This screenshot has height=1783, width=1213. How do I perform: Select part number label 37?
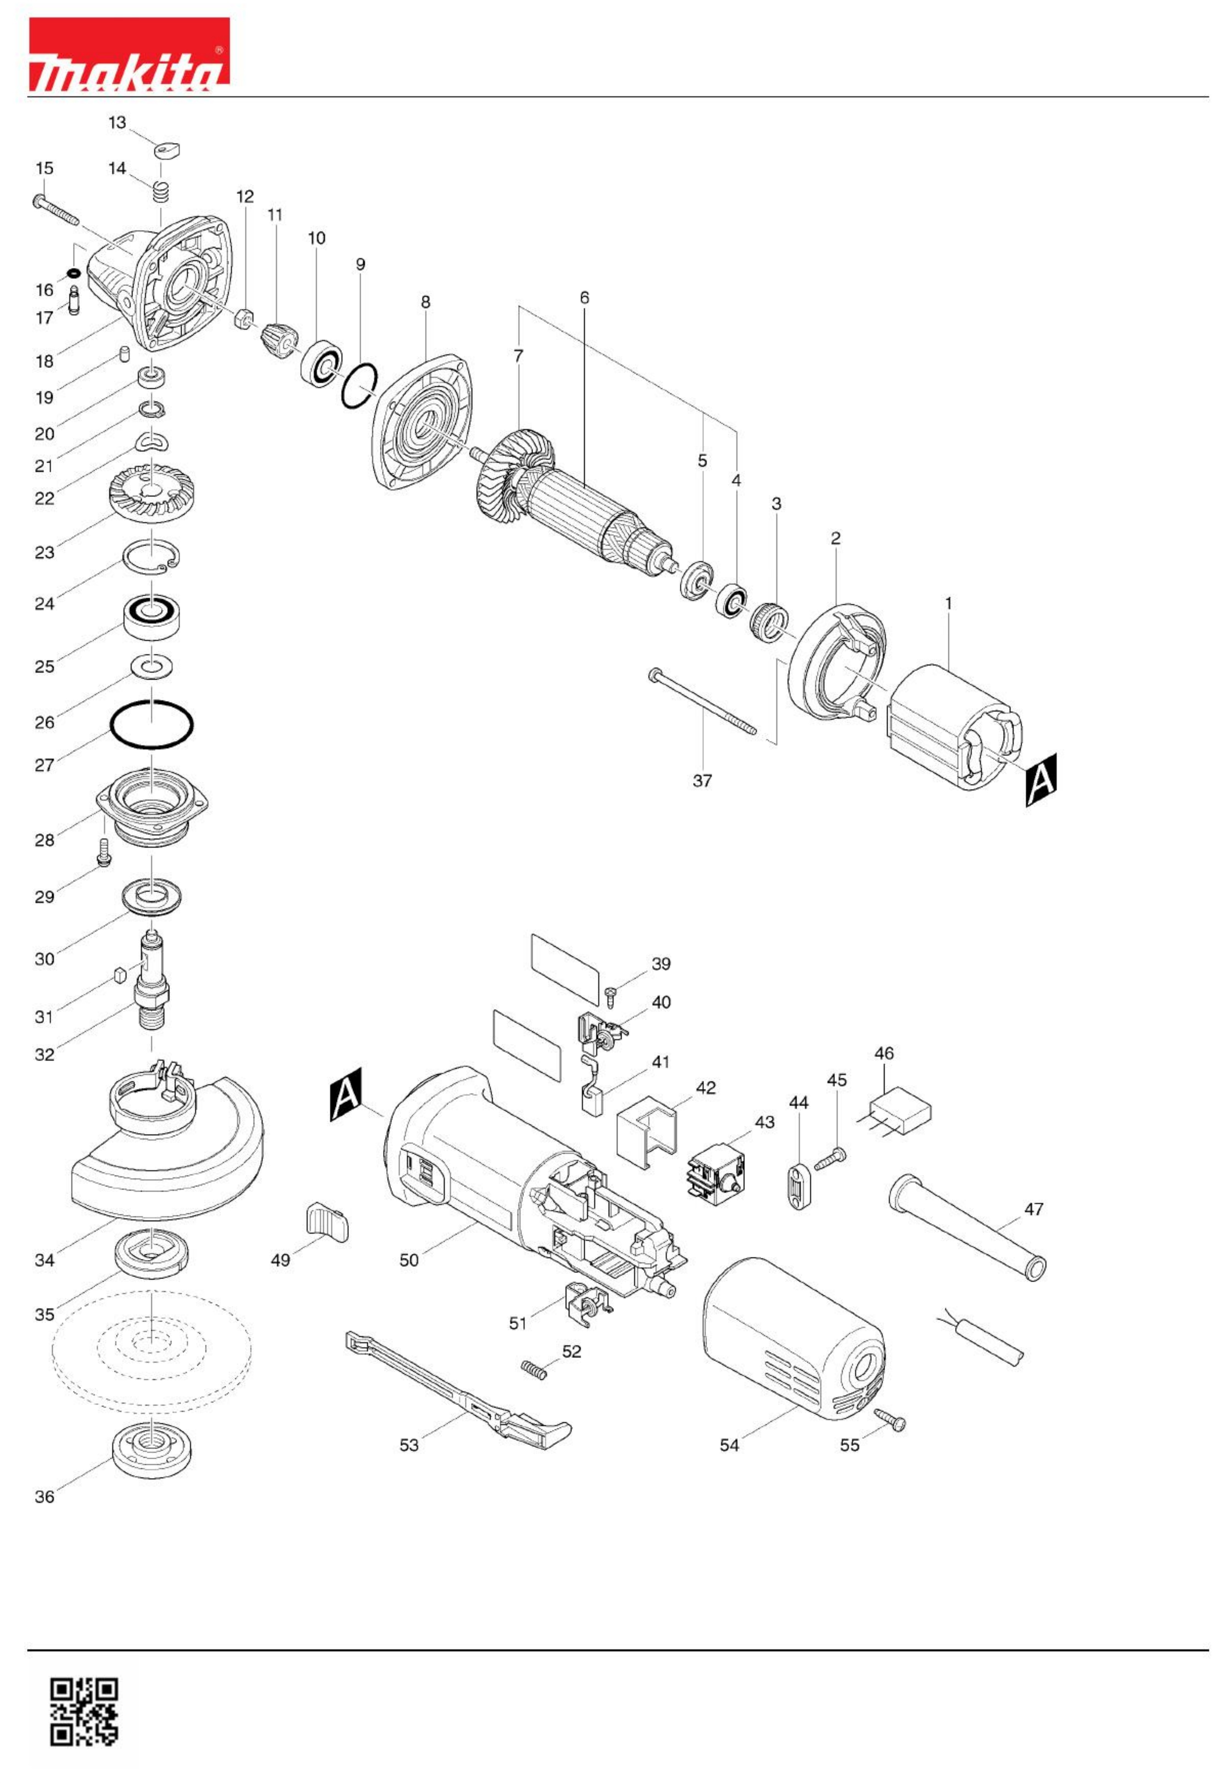[702, 781]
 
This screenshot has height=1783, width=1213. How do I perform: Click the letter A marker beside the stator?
[1041, 779]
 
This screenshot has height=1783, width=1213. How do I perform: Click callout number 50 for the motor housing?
[409, 1260]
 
